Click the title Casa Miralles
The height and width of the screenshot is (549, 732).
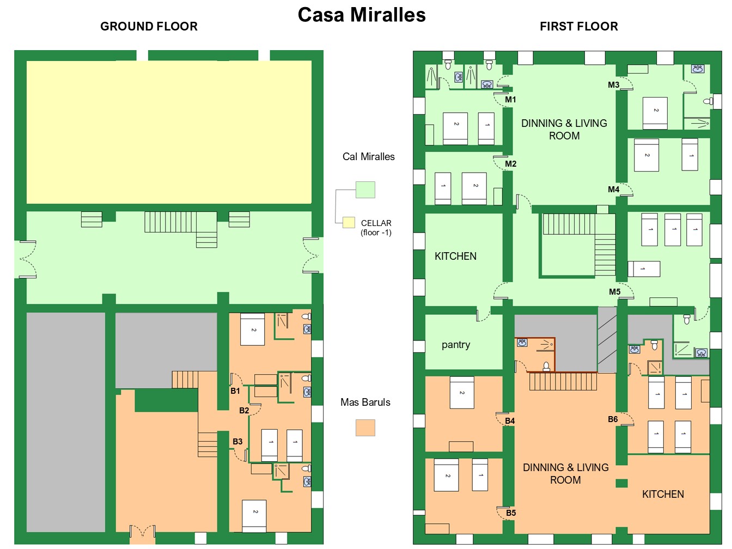362,15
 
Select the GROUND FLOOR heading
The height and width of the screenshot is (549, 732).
149,26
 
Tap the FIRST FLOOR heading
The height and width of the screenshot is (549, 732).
578,26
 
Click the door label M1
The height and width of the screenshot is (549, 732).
510,99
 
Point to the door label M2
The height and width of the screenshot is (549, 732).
510,164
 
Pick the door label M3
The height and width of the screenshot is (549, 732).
613,85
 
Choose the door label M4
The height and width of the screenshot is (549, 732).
613,190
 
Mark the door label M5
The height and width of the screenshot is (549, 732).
614,292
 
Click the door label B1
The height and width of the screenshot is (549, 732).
235,391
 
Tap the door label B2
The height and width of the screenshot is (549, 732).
244,411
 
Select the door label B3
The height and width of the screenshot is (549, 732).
237,442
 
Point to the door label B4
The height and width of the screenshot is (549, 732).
510,421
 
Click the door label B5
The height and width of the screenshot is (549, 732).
511,513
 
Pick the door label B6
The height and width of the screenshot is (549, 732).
613,419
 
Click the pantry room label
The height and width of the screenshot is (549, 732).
456,345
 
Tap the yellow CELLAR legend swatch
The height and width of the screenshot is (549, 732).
349,222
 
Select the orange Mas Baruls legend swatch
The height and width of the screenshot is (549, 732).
365,428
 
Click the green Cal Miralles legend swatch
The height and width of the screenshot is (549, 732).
365,190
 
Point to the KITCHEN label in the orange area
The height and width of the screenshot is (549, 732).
663,495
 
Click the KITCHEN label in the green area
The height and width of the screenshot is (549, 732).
455,257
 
